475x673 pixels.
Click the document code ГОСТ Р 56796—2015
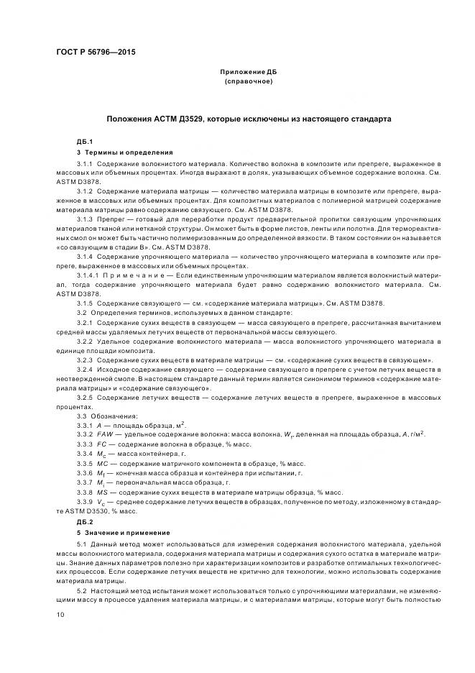pyautogui.click(x=96, y=52)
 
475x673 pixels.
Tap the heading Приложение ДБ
pyautogui.click(x=248, y=73)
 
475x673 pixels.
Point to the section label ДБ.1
pyautogui.click(x=85, y=142)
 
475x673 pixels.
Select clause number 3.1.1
pyautogui.click(x=86, y=165)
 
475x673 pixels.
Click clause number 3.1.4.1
pyautogui.click(x=89, y=276)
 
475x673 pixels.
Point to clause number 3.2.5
pyautogui.click(x=86, y=396)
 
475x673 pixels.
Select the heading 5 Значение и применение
pyautogui.click(x=123, y=532)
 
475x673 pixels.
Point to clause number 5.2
pyautogui.click(x=81, y=589)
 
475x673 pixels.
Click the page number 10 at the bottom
pyautogui.click(x=60, y=615)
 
